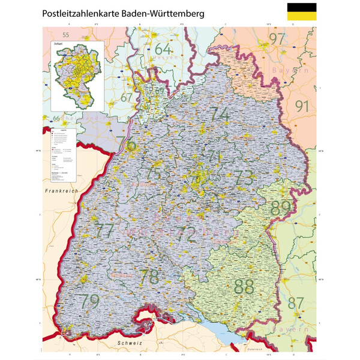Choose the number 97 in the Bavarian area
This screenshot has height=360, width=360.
point(277,40)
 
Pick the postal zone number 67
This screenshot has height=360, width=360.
point(127,97)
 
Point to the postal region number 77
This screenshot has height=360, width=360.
point(106,230)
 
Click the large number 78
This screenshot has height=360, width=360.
point(149,277)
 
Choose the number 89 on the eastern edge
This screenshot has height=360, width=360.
point(281,208)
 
